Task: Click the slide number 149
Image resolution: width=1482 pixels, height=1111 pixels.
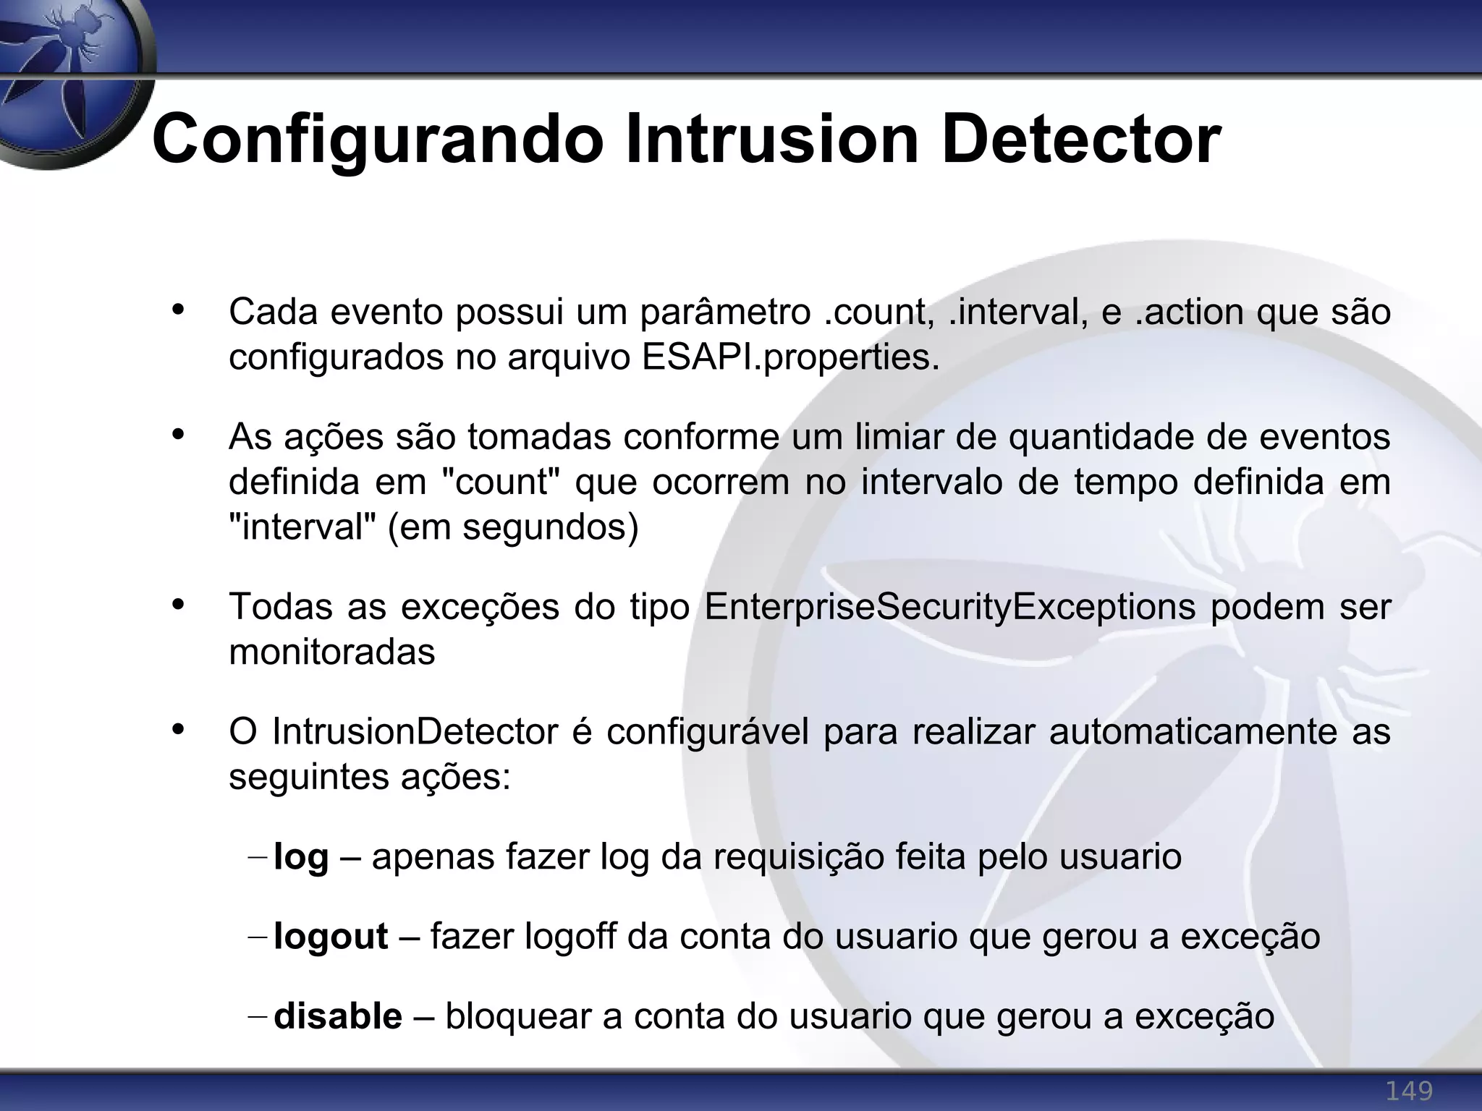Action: tap(1408, 1090)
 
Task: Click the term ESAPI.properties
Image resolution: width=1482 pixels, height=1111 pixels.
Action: tap(790, 357)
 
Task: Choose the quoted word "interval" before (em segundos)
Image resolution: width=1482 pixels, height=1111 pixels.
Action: tap(302, 527)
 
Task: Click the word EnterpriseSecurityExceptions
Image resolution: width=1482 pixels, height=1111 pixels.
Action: tap(949, 607)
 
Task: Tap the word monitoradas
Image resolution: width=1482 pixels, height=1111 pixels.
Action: tap(332, 652)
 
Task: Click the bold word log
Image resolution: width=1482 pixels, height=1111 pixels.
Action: tap(301, 858)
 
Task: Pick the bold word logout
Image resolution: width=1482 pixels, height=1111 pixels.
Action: tap(331, 937)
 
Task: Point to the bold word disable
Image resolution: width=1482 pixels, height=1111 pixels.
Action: tap(338, 1016)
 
